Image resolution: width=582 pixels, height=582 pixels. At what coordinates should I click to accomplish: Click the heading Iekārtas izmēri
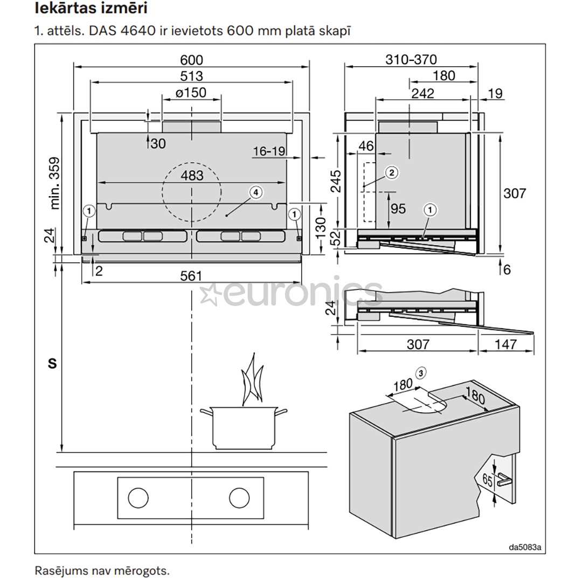pyautogui.click(x=91, y=9)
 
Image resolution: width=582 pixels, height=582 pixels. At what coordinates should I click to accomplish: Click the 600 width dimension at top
pyautogui.click(x=192, y=60)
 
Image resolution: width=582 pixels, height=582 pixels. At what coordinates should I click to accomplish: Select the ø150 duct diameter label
pyautogui.click(x=191, y=93)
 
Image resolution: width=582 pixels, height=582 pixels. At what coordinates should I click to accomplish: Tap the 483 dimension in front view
pyautogui.click(x=192, y=176)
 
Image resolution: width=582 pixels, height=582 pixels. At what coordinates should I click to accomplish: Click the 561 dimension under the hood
pyautogui.click(x=191, y=276)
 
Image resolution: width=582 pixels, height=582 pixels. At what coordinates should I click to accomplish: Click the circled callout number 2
pyautogui.click(x=392, y=172)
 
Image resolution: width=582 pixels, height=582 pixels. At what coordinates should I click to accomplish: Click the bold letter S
pyautogui.click(x=52, y=364)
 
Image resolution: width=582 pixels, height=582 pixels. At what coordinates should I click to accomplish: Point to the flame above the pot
pyautogui.click(x=251, y=380)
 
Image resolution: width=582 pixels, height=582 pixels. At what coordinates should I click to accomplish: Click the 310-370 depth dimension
pyautogui.click(x=411, y=60)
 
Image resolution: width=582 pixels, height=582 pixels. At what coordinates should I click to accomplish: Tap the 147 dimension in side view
pyautogui.click(x=505, y=344)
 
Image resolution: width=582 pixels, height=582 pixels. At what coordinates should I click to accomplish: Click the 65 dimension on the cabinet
pyautogui.click(x=487, y=481)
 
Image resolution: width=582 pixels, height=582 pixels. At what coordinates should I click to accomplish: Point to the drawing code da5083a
pyautogui.click(x=525, y=548)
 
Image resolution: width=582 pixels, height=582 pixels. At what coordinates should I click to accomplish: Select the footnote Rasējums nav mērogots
pyautogui.click(x=102, y=570)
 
